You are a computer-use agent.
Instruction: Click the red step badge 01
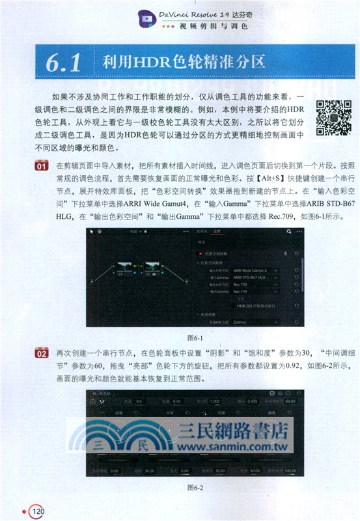(41, 167)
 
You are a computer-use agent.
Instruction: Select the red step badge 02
(41, 354)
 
